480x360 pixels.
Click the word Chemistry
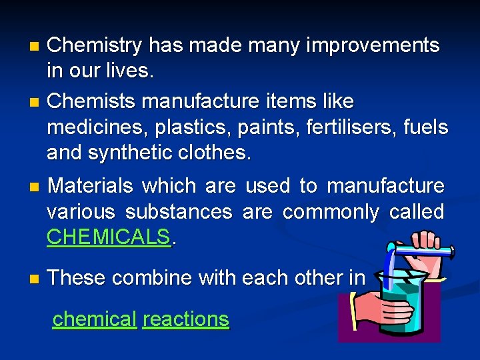[x=95, y=45]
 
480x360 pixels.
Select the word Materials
[x=91, y=186]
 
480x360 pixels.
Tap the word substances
[x=178, y=212]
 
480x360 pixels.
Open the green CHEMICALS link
[x=109, y=237]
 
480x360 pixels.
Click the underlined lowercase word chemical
[x=94, y=319]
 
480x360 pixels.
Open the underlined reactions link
[x=185, y=319]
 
